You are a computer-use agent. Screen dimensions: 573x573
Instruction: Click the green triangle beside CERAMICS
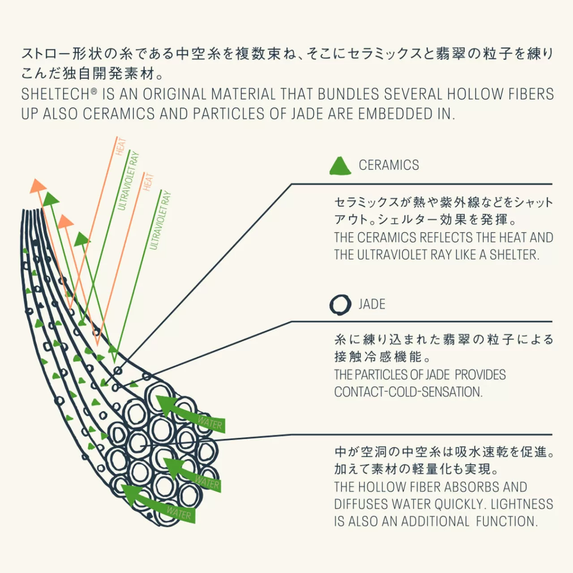[340, 166]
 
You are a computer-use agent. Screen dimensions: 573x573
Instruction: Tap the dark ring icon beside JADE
[340, 304]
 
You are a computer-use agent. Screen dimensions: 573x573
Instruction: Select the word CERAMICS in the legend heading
[389, 165]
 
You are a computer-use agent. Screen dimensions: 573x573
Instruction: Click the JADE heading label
[372, 304]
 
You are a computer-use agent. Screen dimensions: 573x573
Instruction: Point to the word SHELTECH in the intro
[56, 94]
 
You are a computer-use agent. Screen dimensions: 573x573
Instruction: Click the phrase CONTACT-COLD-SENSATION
[408, 392]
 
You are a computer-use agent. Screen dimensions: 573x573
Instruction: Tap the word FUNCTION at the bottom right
[507, 521]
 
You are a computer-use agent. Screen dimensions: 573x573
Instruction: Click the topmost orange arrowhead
[38, 186]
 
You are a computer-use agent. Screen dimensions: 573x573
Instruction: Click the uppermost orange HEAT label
[120, 147]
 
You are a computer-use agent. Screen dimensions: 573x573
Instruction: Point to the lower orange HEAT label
[148, 182]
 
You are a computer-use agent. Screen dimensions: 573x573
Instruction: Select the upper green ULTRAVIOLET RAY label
[128, 181]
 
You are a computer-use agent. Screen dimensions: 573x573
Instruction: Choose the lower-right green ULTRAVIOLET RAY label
[160, 220]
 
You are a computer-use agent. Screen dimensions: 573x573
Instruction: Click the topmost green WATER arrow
[190, 414]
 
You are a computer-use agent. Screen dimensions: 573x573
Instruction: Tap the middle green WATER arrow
[192, 475]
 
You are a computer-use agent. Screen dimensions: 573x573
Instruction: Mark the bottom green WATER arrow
[158, 504]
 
